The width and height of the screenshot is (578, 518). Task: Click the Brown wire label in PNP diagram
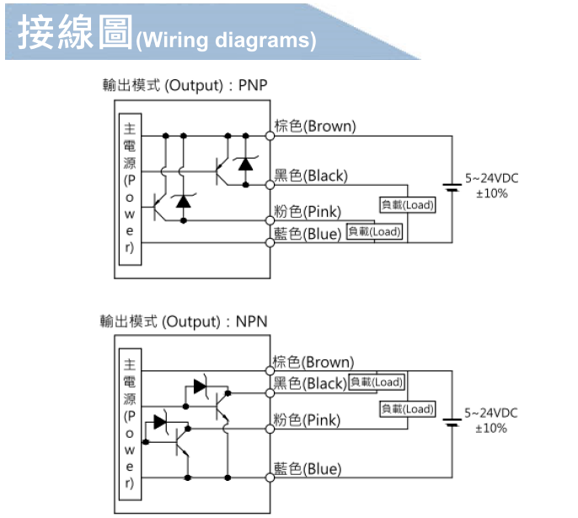pyautogui.click(x=314, y=127)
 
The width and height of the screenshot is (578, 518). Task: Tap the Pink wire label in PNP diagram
pyautogui.click(x=307, y=211)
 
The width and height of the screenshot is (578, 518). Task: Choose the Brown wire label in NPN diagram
pyautogui.click(x=314, y=363)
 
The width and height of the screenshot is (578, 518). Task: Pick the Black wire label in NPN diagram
pyautogui.click(x=310, y=384)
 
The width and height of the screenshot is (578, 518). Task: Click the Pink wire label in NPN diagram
pyautogui.click(x=307, y=419)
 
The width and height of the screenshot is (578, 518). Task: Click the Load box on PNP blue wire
pyautogui.click(x=375, y=231)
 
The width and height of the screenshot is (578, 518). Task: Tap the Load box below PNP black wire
pyautogui.click(x=407, y=205)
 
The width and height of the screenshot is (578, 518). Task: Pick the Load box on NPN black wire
pyautogui.click(x=376, y=382)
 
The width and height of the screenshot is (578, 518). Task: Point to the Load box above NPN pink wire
pyautogui.click(x=407, y=409)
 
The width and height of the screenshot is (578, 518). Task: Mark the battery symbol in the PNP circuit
pyautogui.click(x=452, y=188)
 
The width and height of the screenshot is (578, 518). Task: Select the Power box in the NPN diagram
pyautogui.click(x=129, y=425)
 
